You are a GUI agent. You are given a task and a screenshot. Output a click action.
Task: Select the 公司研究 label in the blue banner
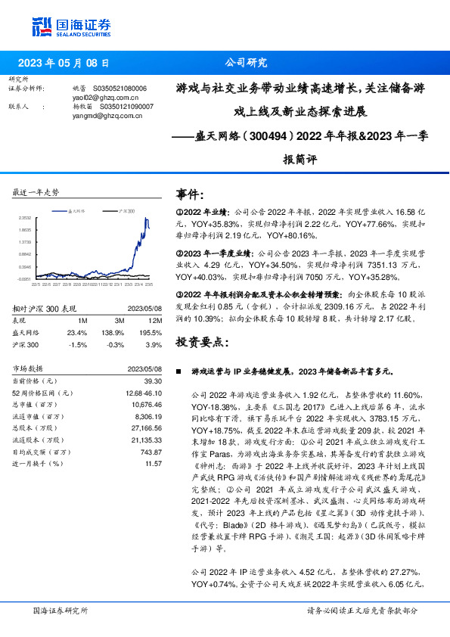[x=247, y=64]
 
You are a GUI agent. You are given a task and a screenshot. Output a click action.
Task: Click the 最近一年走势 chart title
[x=36, y=192]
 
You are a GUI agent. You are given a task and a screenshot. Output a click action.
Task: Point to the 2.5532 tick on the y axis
[x=24, y=218]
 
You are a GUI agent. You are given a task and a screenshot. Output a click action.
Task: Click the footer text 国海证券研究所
[x=61, y=610]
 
